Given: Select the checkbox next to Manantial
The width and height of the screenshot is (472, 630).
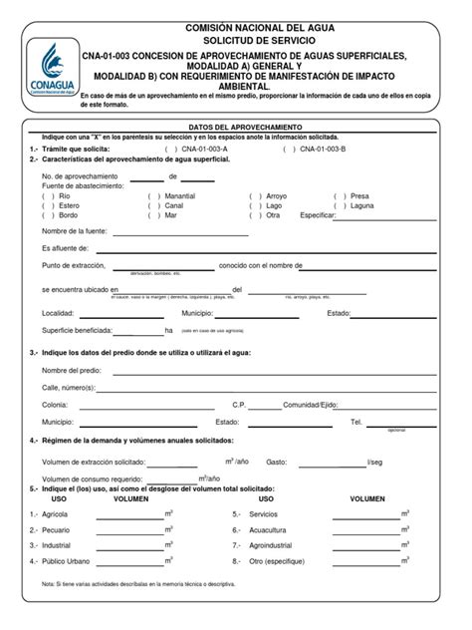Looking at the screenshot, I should [154, 196].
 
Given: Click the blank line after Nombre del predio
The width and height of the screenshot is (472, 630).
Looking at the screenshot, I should [273, 371].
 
